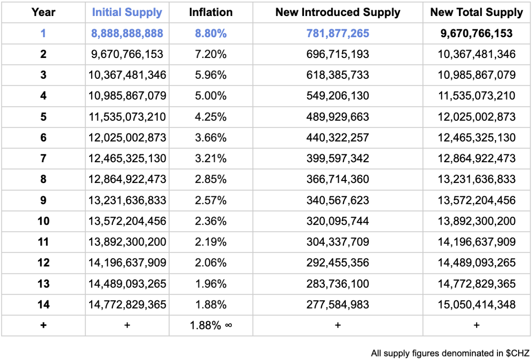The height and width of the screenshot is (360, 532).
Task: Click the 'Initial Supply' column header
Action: pos(127,12)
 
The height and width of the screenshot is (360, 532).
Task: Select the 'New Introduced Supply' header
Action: pos(338,12)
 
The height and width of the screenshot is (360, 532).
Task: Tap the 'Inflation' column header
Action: pos(211,12)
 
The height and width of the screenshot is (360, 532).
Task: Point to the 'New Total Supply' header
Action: pos(476,12)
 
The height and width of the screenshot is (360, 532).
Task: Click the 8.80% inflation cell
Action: pos(211,33)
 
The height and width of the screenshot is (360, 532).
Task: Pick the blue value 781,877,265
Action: pos(338,33)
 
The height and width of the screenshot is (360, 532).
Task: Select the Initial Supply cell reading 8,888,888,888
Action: pos(127,33)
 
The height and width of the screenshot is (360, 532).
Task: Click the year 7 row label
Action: pos(43,158)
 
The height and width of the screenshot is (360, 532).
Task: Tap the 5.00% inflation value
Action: pos(211,96)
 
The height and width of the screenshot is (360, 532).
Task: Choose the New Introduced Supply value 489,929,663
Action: pos(338,117)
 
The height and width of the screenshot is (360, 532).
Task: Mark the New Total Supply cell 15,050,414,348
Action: pos(476,305)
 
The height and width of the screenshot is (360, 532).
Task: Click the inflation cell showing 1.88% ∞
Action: pos(211,325)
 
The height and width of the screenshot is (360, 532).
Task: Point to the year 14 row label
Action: pos(43,305)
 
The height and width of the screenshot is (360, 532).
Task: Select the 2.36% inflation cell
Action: pos(211,221)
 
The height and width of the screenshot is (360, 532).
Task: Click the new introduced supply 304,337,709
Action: pos(338,242)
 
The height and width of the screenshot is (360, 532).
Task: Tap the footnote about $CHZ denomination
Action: pos(450,353)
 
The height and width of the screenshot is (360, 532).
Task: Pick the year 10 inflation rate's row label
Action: pos(43,221)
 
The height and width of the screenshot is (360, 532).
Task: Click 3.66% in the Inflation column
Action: pos(211,138)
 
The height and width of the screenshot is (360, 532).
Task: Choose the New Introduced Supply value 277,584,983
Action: pos(338,305)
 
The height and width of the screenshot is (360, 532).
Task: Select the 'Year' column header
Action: pos(43,12)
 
